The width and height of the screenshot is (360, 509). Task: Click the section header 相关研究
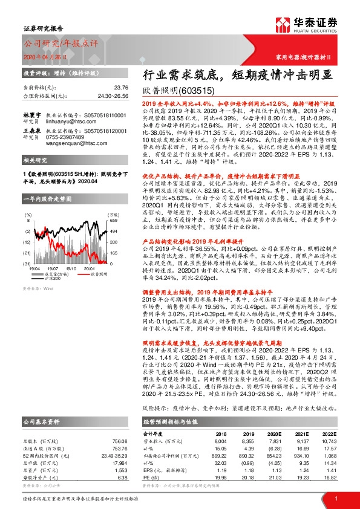point(35,177)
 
